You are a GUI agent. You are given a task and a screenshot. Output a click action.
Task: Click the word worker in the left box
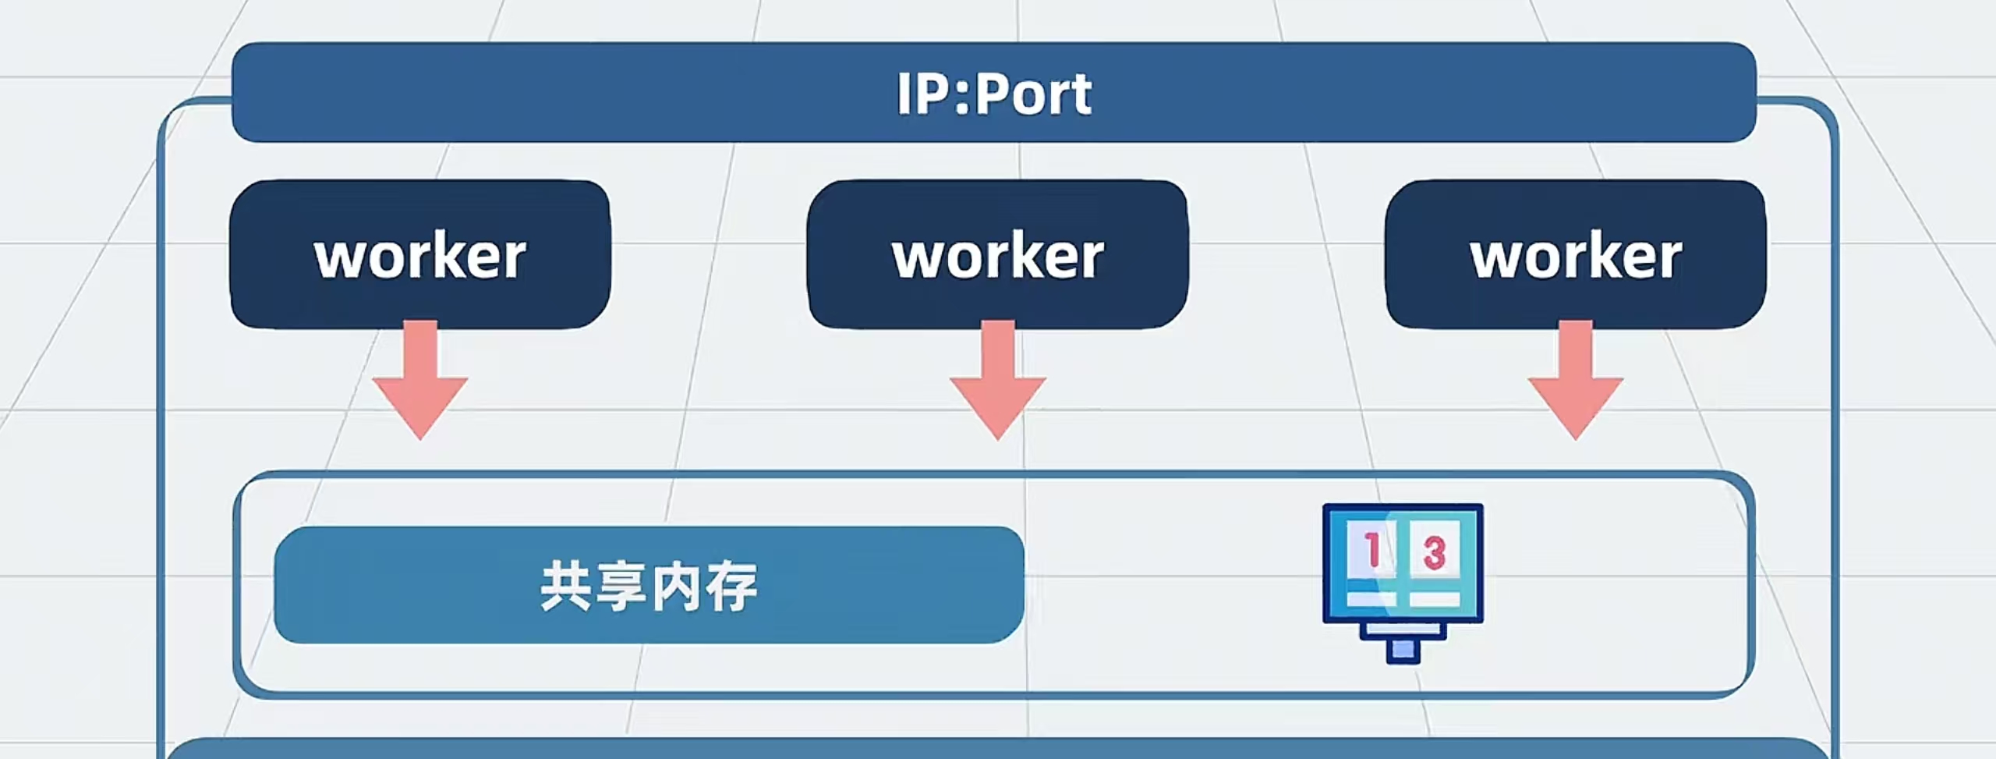pyautogui.click(x=420, y=257)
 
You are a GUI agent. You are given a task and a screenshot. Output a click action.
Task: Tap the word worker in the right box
pyautogui.click(x=1576, y=257)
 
